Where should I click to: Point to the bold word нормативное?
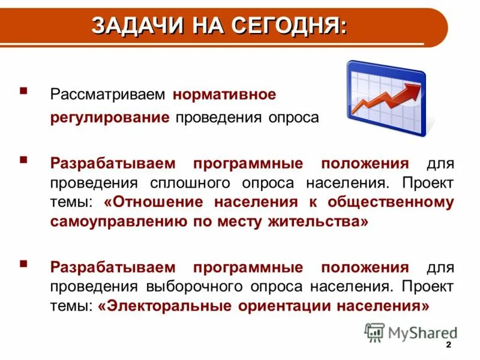pos(224,95)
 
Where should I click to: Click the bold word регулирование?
pos(110,117)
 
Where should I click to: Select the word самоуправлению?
pos(115,222)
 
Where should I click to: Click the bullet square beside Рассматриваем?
pos(23,91)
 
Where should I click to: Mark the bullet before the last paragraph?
pos(23,263)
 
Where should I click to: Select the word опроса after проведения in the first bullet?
pos(293,117)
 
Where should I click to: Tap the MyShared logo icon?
pos(375,332)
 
